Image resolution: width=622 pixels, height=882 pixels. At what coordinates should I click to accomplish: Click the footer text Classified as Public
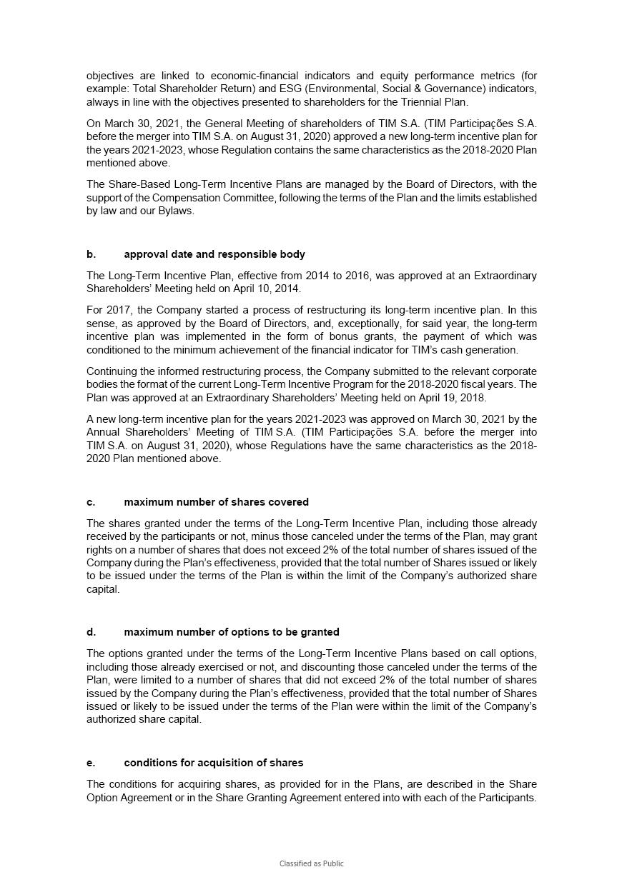(311, 863)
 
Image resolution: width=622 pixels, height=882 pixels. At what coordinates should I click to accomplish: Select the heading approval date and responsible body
(214, 254)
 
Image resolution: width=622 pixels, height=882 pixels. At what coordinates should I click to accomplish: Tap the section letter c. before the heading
(91, 502)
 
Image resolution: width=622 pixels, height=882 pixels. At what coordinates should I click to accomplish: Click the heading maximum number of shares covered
(216, 502)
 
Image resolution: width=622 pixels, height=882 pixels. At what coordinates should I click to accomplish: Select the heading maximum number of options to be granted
(232, 632)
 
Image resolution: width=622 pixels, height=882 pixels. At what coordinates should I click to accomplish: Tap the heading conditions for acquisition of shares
(213, 763)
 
